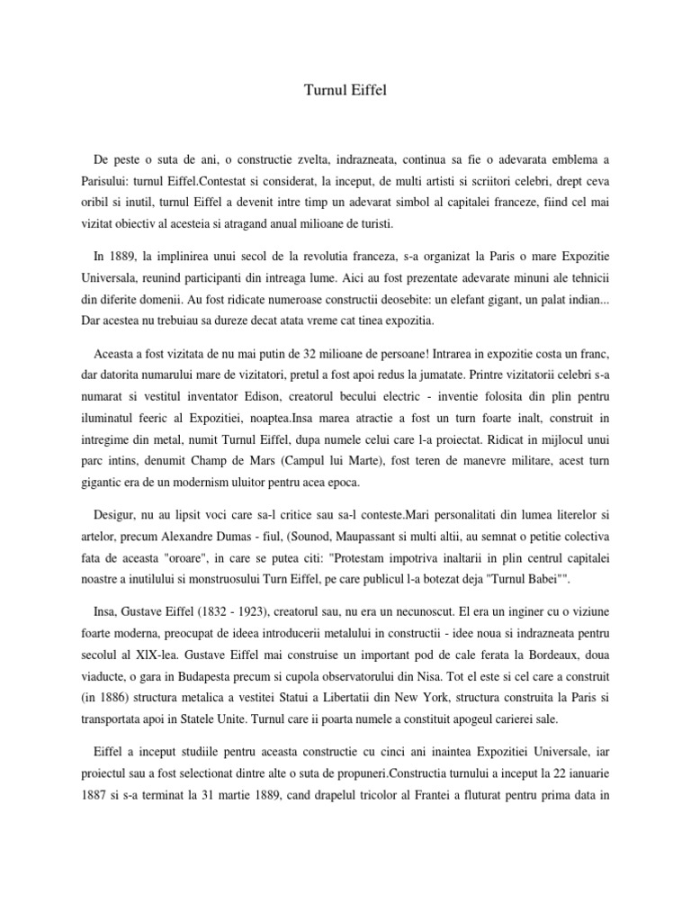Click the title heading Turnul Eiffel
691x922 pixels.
point(345,91)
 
